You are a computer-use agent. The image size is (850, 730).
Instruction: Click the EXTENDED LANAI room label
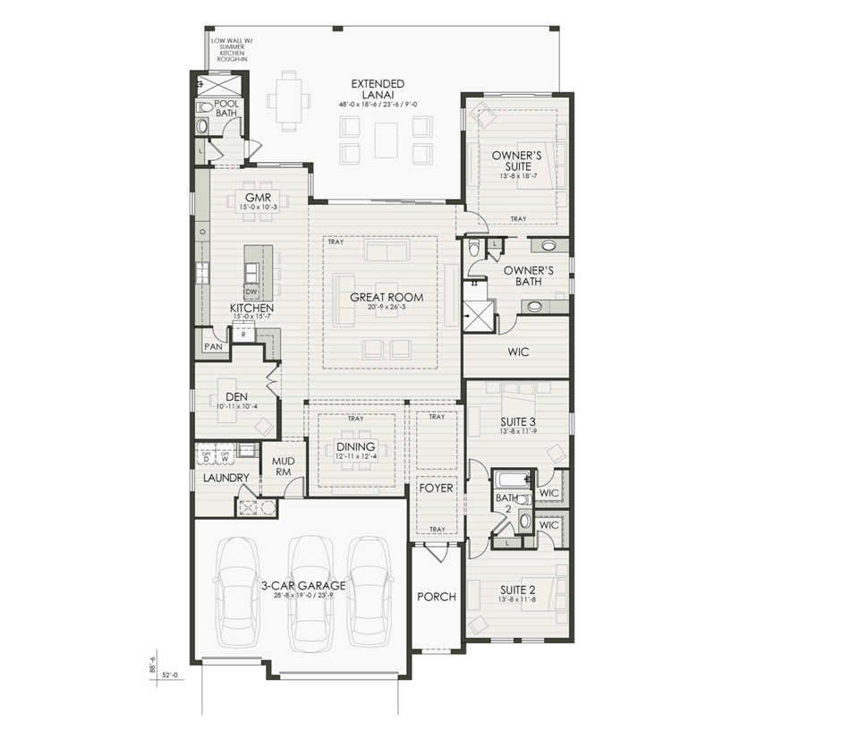(378, 89)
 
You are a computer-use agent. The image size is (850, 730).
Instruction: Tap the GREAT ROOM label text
(387, 298)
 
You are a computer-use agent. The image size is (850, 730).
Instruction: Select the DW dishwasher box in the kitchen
(251, 291)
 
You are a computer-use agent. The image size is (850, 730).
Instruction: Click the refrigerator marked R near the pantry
(242, 335)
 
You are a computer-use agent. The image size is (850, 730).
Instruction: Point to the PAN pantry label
(212, 346)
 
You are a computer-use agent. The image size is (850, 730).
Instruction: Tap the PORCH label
(437, 597)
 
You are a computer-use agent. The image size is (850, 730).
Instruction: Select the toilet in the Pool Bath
(204, 106)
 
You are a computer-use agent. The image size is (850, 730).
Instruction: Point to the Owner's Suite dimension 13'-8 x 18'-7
(517, 177)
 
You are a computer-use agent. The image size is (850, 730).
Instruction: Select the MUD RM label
(283, 466)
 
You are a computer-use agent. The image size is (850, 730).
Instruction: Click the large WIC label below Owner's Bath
(518, 352)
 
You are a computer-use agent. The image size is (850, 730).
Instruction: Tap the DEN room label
(236, 396)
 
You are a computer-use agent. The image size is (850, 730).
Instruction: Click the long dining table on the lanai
(288, 99)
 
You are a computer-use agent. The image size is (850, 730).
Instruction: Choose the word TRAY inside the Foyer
(437, 529)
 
